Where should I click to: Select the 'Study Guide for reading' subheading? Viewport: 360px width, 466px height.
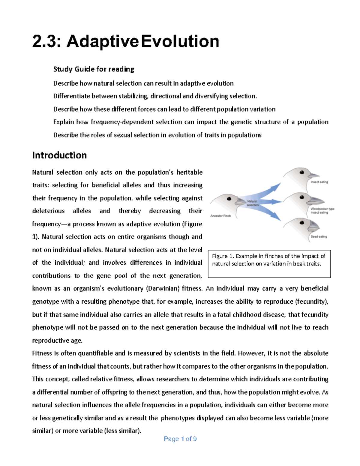tap(94, 69)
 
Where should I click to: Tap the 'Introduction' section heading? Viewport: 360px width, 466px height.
tap(59, 155)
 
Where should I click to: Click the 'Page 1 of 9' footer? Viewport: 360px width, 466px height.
tap(180, 439)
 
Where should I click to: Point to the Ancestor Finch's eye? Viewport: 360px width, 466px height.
tap(229, 199)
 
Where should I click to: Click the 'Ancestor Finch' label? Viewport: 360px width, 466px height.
tap(220, 216)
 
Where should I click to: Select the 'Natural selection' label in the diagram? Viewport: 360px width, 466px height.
tap(253, 203)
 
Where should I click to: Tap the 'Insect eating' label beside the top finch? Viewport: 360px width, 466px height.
tap(319, 182)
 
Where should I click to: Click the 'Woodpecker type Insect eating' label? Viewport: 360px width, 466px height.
tap(322, 211)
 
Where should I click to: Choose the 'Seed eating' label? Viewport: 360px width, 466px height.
tap(319, 236)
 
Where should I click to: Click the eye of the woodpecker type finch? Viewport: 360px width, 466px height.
tap(302, 197)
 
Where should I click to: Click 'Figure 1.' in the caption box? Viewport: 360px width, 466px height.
tap(223, 256)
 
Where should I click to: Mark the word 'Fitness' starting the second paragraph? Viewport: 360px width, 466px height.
tap(42, 353)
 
